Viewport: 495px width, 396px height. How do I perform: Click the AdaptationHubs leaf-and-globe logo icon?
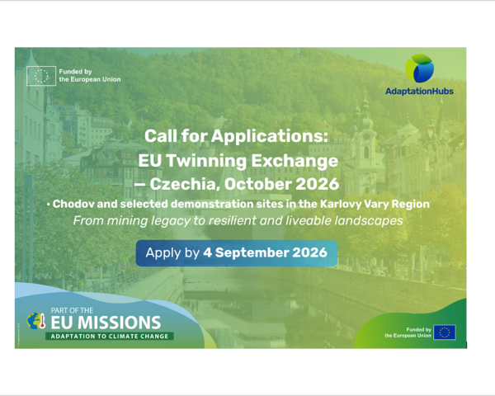[419, 68]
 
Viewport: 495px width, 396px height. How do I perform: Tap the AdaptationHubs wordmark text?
[419, 92]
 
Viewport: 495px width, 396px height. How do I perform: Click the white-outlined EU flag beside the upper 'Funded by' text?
[41, 76]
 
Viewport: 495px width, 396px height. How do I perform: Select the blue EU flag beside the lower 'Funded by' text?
[445, 332]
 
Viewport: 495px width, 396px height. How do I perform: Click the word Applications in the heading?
[270, 136]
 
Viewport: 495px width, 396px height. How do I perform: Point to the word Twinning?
[206, 161]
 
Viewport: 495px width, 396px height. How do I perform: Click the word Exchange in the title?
[295, 161]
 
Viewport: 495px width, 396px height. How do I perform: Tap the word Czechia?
[185, 184]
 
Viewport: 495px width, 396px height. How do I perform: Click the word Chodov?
[73, 204]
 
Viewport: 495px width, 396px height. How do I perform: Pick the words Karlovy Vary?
[354, 205]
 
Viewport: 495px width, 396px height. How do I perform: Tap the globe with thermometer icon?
[36, 321]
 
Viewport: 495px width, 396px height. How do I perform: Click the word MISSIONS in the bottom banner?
[120, 323]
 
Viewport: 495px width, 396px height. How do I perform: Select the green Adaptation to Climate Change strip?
[110, 337]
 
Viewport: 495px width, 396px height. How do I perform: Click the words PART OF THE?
[72, 310]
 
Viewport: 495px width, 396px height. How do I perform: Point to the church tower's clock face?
[366, 137]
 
